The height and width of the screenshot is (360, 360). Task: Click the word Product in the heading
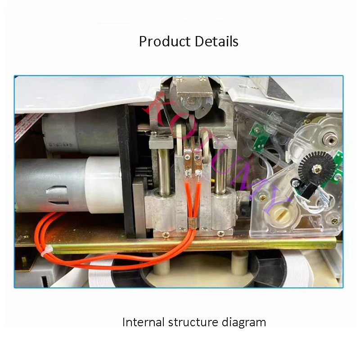coord(161,41)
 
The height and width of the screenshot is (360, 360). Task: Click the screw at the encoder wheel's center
coord(317,169)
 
